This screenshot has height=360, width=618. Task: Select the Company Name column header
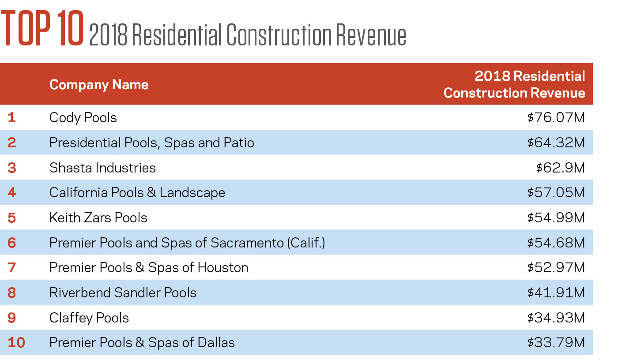[x=99, y=84]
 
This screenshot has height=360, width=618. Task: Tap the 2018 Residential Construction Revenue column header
[x=514, y=84]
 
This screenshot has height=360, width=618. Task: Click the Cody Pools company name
[x=83, y=118]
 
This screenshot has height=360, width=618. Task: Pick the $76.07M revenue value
[x=556, y=118]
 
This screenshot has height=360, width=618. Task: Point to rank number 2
[x=12, y=142]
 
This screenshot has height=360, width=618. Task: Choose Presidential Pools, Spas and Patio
[x=151, y=142]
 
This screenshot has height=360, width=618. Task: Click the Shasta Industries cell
[x=102, y=168]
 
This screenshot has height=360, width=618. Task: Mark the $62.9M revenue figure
[x=560, y=168]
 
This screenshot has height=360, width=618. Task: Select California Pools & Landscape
[x=137, y=193]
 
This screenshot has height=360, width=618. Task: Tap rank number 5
[x=12, y=218]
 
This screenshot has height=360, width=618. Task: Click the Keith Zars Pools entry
[x=98, y=218]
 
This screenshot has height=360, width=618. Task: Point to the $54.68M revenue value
[x=556, y=243]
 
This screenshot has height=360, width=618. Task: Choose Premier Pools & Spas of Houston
[x=148, y=268]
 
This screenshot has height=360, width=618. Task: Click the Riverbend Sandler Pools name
[x=123, y=292]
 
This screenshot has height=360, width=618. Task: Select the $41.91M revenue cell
[x=556, y=292]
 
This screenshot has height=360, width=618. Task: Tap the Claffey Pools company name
[x=89, y=318]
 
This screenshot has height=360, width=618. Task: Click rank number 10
[x=16, y=343]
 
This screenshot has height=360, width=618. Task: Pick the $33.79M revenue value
[x=556, y=343]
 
